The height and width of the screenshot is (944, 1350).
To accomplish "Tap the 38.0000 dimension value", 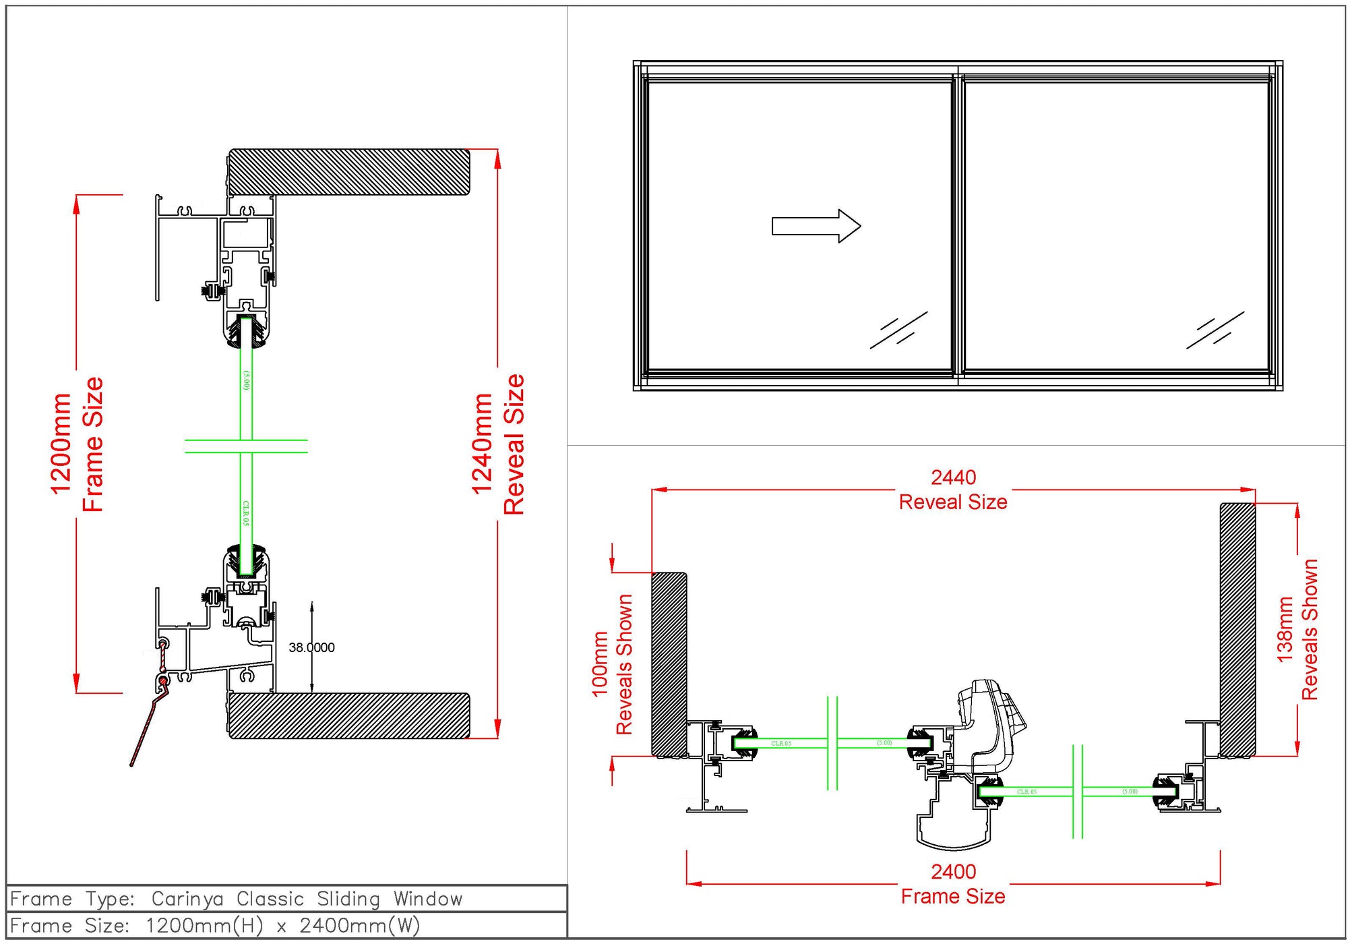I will [x=311, y=647].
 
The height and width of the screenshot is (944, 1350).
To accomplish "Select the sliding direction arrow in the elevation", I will [x=816, y=226].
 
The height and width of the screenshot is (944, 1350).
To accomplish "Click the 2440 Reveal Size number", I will [x=953, y=477].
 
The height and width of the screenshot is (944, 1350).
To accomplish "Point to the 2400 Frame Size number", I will [x=953, y=872].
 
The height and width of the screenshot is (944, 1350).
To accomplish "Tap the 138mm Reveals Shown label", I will [x=1297, y=630].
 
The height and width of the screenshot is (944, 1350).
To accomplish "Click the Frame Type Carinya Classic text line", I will [x=236, y=899].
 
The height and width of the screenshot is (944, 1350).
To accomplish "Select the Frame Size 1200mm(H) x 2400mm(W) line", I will [x=216, y=926].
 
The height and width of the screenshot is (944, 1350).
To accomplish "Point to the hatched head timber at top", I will [x=348, y=172].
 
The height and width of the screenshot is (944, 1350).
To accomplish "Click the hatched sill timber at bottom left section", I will [x=348, y=715].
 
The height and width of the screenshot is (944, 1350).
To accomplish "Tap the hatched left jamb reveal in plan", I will [x=669, y=664].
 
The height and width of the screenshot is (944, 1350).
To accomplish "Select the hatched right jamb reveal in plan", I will [x=1237, y=630].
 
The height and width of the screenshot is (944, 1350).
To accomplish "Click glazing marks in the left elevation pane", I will [x=898, y=330].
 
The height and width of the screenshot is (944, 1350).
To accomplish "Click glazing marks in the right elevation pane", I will [x=1215, y=330].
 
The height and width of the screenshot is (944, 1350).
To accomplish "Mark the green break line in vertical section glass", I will [x=246, y=446].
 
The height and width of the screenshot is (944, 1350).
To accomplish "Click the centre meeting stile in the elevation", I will [x=957, y=226].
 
